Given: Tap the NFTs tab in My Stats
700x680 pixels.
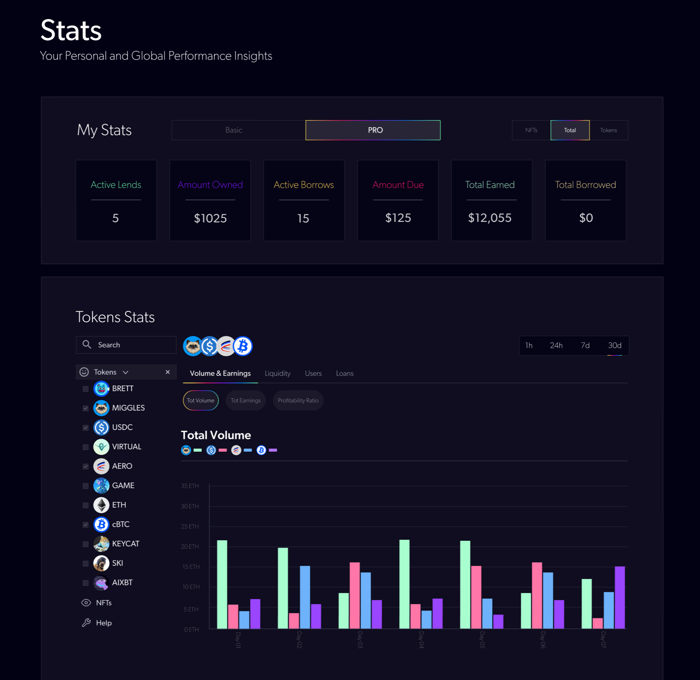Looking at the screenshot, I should point(531,130).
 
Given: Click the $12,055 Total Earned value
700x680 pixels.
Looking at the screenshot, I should point(489,218).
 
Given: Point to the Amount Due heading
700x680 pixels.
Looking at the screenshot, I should point(398,185).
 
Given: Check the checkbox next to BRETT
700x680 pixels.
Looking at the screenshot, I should point(85,389).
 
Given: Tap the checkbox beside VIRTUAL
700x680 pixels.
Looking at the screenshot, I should point(85,447).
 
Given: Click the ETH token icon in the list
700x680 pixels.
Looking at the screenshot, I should point(101,505).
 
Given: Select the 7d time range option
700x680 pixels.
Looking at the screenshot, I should point(585,346).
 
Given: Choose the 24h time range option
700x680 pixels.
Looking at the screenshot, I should point(556,346).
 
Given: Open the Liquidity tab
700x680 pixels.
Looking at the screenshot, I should point(278,374).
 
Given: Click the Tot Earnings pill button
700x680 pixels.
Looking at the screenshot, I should point(246,401).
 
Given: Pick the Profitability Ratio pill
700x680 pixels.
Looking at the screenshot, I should point(298,401).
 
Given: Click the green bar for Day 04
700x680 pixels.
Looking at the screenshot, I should point(404,584).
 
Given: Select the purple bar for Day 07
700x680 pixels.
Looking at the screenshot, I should point(619,597).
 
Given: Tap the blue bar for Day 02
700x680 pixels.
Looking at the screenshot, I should point(305,597).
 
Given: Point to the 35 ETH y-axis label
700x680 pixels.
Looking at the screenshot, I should point(190,486).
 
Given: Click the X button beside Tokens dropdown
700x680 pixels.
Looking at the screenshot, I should point(168,372).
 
